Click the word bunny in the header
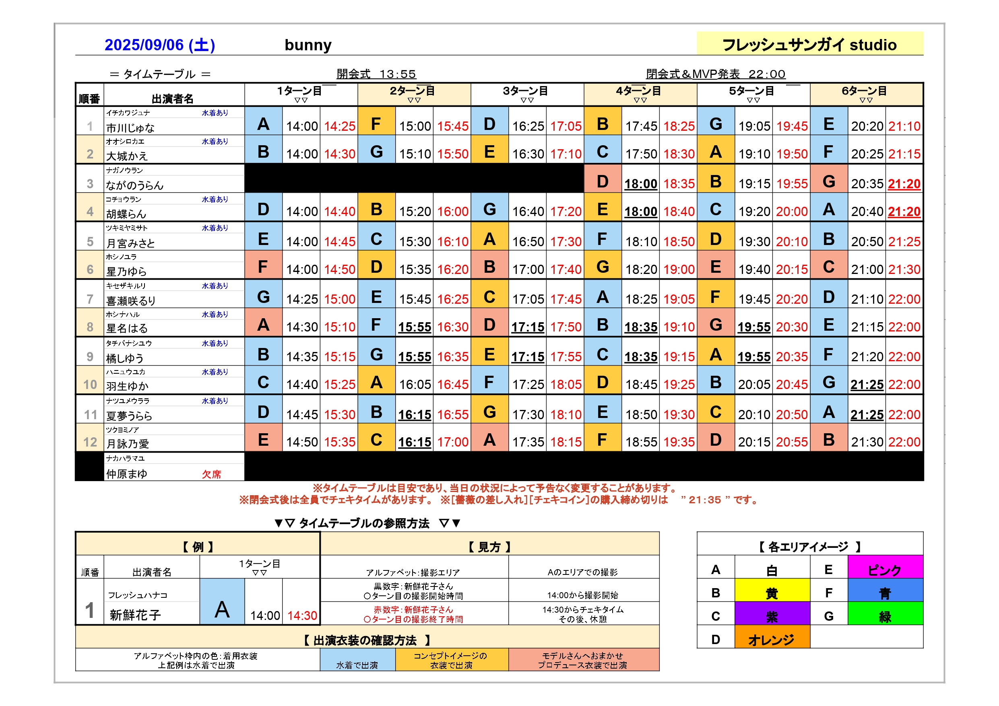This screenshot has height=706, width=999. pos(308,45)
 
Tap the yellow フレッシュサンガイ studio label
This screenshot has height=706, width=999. pos(809,44)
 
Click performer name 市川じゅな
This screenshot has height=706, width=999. pos(130,128)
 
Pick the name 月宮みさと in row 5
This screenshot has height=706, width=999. pos(130,243)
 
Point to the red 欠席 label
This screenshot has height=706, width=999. pos(211,474)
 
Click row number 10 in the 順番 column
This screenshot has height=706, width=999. pos(90,385)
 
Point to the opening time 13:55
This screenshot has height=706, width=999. pos(397,74)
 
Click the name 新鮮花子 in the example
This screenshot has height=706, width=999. pos(135,615)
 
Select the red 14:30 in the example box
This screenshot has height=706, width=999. pos(302,615)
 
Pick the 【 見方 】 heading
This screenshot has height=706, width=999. pos(489,547)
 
